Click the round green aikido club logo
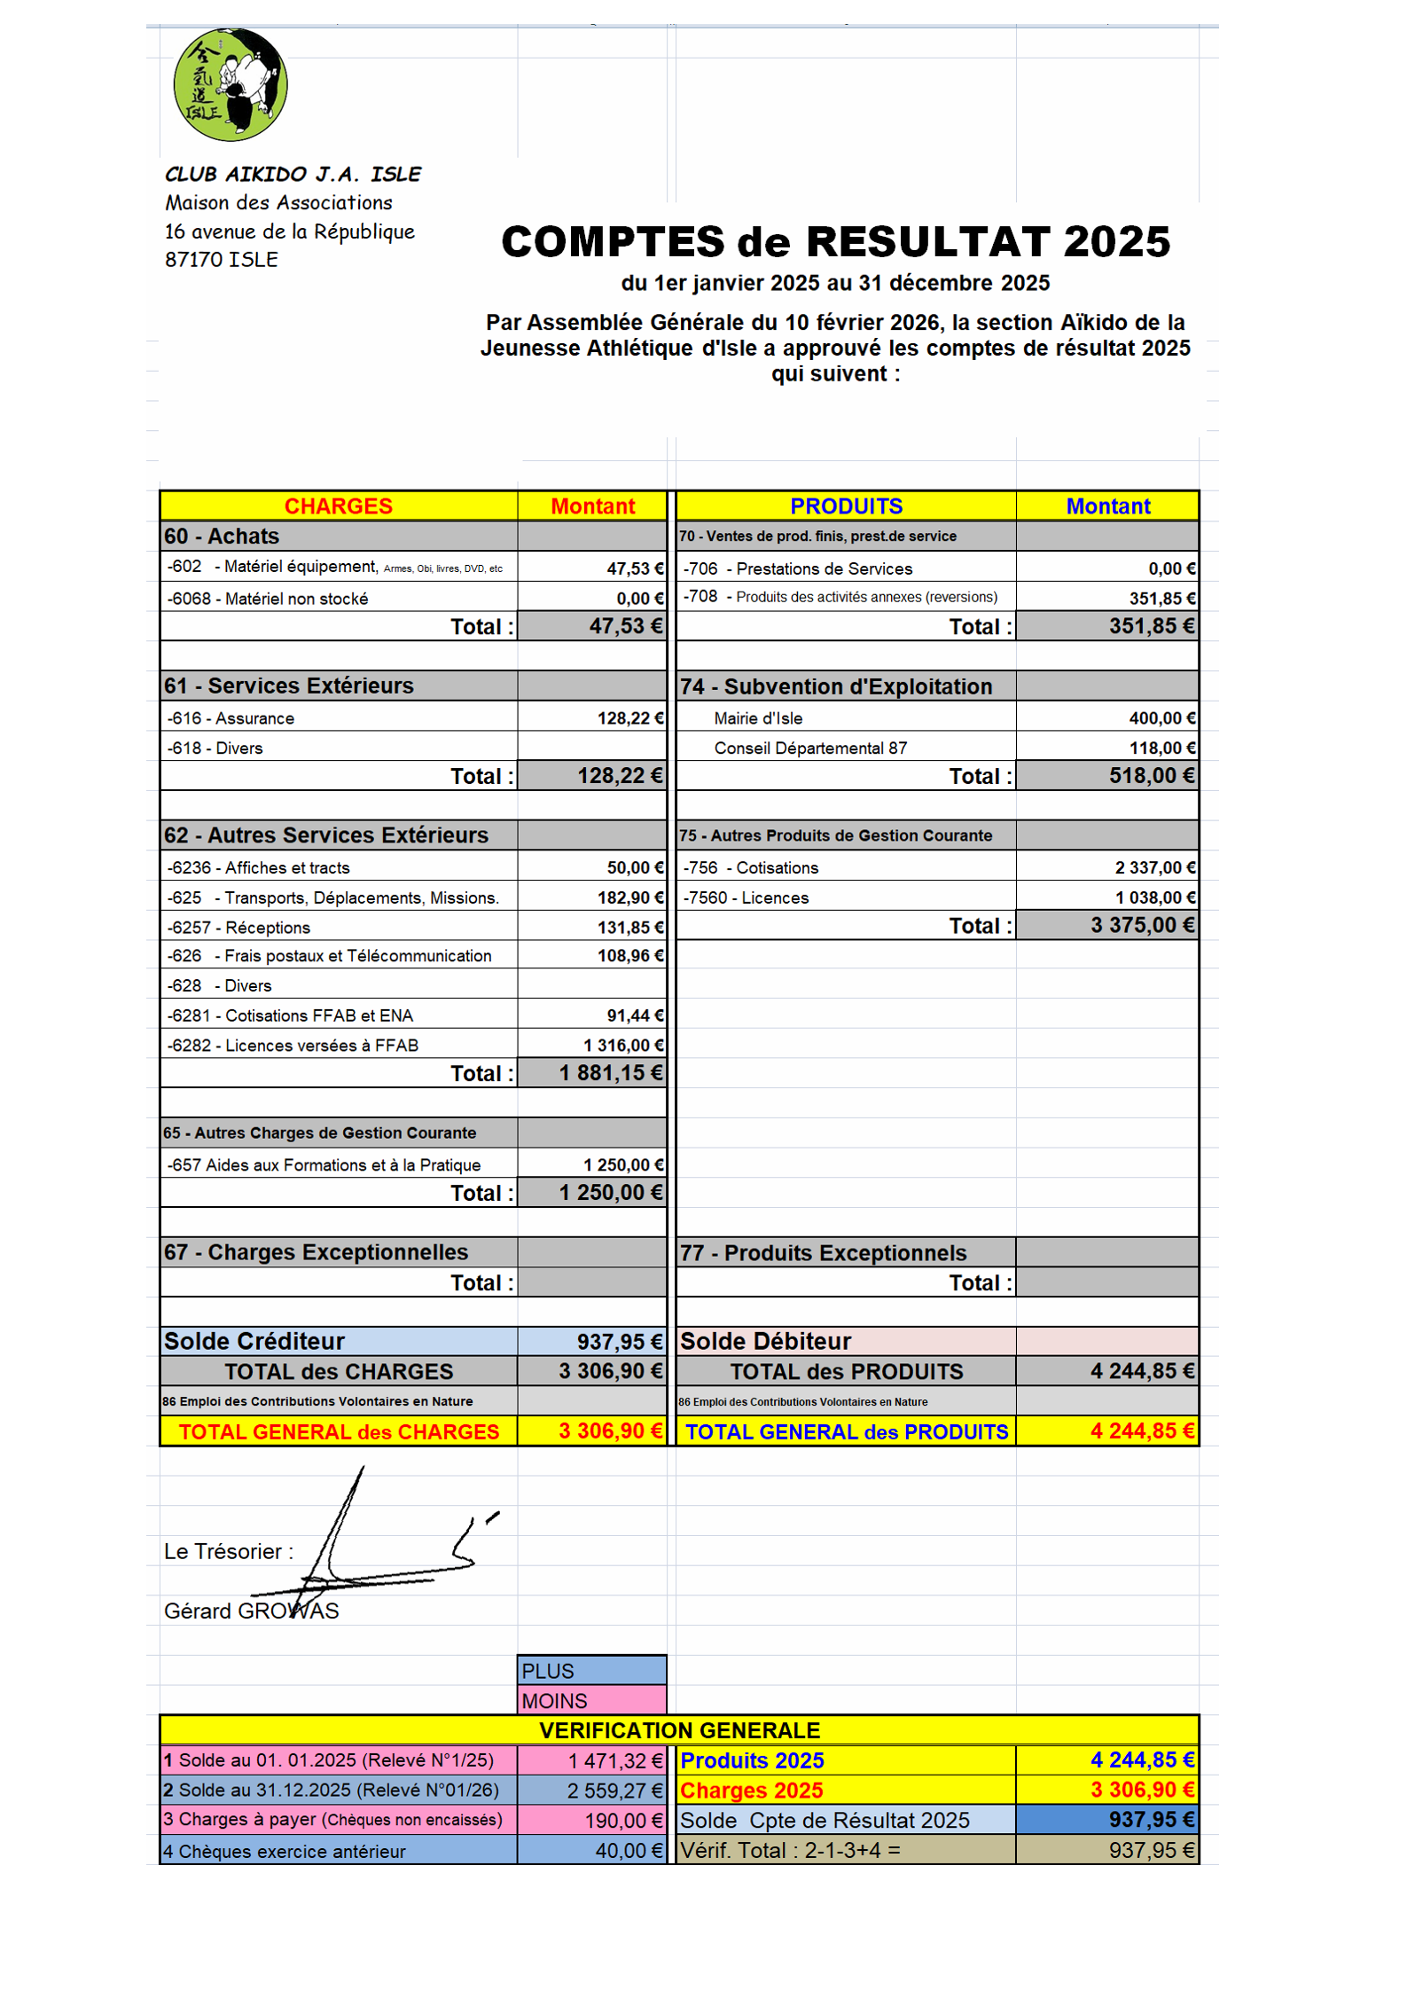[x=231, y=85]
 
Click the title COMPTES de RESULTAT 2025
[x=835, y=242]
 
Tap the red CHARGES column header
[x=338, y=506]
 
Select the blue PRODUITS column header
[x=846, y=506]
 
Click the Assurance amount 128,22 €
[x=629, y=718]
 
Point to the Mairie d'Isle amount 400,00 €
[x=1161, y=718]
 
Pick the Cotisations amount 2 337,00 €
[x=1154, y=867]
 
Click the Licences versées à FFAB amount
[x=623, y=1046]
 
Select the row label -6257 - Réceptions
[x=238, y=928]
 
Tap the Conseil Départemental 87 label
[x=810, y=749]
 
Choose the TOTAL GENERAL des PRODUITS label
[x=846, y=1432]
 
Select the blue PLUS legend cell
[x=591, y=1671]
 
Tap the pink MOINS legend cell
[x=591, y=1701]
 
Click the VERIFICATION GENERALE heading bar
[x=679, y=1730]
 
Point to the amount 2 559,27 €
[x=614, y=1791]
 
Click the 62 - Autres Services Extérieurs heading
[x=325, y=835]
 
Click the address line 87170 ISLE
[x=222, y=260]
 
